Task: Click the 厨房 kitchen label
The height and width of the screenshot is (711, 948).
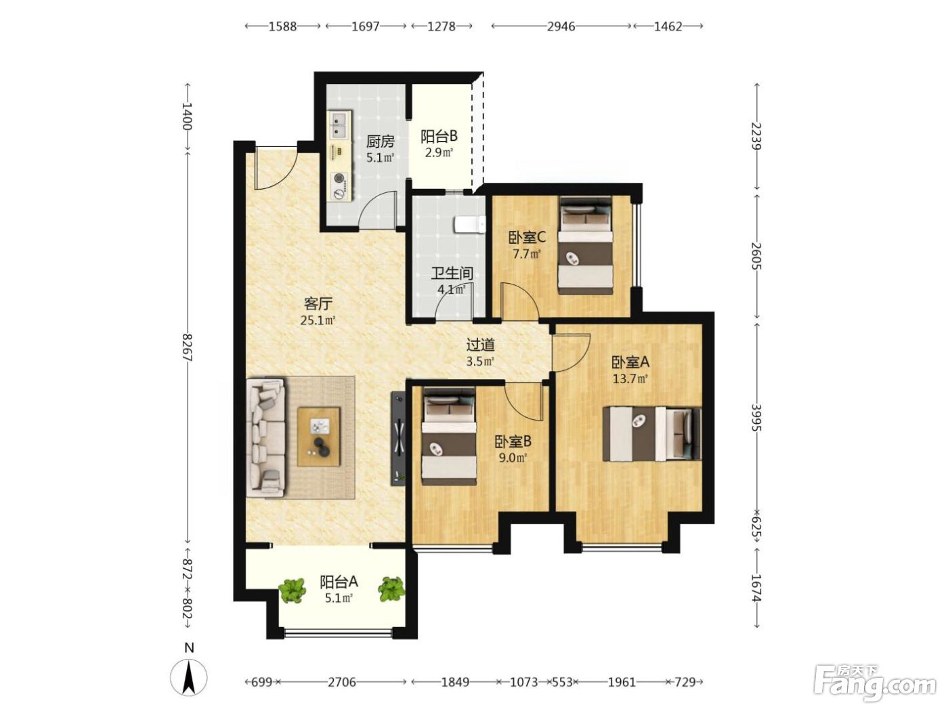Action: [380, 142]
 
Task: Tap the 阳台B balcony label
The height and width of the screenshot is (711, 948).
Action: [439, 136]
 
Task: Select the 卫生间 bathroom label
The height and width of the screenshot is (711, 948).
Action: [452, 273]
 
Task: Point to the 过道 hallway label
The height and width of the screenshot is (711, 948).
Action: [480, 345]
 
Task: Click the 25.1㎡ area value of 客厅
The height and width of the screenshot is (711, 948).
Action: [318, 320]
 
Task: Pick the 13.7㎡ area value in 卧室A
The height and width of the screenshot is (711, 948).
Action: [630, 379]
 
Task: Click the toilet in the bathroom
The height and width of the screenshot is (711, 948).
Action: [469, 225]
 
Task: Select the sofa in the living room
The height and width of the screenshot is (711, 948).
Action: [265, 437]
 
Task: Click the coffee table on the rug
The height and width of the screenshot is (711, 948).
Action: [319, 437]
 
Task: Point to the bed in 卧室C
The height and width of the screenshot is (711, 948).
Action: [586, 245]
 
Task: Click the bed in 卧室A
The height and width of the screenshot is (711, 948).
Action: [651, 434]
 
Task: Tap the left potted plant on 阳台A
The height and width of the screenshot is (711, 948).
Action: [292, 590]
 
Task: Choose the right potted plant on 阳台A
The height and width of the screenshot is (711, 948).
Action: [391, 589]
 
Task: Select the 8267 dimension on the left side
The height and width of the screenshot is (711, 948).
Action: [188, 347]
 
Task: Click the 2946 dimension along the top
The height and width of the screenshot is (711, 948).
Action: [561, 26]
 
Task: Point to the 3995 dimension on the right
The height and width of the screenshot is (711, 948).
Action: [756, 417]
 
